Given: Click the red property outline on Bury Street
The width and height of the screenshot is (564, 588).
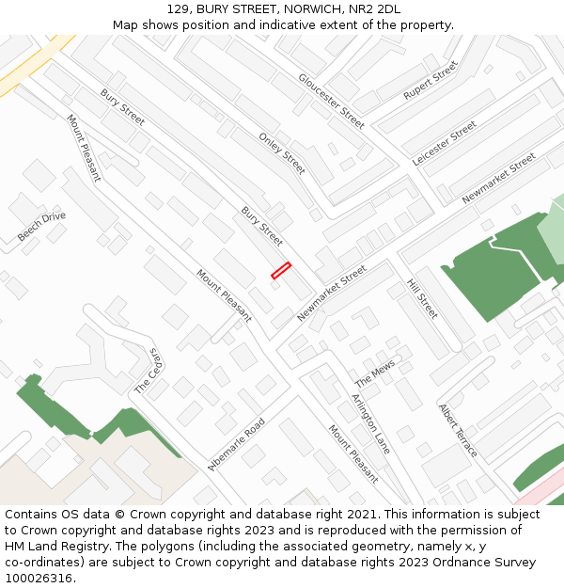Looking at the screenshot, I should point(281,270).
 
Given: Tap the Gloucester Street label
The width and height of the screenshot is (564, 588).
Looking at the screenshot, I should point(331,101).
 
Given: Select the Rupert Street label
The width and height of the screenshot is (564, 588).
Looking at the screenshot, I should point(430,81).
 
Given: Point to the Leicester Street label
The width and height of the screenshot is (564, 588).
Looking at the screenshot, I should point(445,143).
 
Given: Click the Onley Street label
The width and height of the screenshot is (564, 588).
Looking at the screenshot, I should point(281,153).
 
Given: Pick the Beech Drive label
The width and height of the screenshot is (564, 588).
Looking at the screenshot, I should point(41,227).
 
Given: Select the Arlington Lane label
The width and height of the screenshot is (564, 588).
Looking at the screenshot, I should point(370,424).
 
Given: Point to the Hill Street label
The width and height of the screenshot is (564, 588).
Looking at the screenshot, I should point(422,298).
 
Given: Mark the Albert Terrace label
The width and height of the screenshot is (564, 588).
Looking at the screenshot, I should point(458,431).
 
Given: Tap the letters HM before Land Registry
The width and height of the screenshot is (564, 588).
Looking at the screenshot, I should point(15,547).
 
